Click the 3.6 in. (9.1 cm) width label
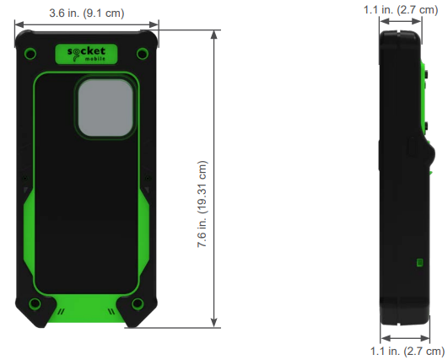coord(86,13)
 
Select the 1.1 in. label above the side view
coord(399,9)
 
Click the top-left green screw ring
coord(30,54)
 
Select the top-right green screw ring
coord(143,54)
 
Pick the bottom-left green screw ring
coord(35,303)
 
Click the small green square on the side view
coord(419,262)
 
